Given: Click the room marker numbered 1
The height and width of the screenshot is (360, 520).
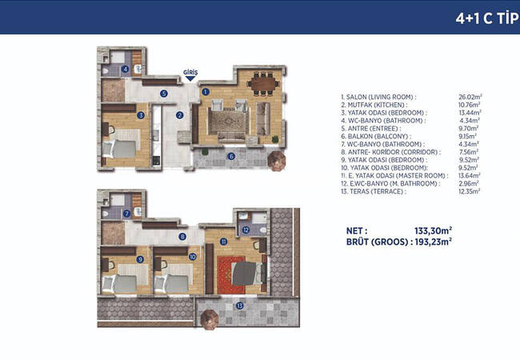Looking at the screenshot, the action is point(206,92).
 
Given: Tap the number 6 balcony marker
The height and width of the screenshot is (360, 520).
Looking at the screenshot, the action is point(231,156).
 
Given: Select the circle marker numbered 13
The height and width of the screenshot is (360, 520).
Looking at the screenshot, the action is point(239,306).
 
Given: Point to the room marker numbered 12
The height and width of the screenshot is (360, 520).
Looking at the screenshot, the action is point(246,230).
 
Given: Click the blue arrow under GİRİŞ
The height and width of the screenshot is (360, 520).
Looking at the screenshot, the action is point(190,78).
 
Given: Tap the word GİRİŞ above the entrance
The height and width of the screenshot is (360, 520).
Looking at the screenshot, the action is point(190,72).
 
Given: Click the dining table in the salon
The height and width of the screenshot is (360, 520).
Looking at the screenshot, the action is point(263,83).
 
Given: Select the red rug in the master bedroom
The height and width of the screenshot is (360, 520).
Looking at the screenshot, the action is point(231,275).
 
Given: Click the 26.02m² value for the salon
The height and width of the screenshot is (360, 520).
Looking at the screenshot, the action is point(470,97).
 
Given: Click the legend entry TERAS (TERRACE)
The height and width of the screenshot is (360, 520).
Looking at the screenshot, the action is point(374,191).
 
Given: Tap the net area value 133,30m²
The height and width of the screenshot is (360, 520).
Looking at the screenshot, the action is point(433,230).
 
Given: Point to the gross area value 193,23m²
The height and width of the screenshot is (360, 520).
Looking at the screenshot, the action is point(433,242).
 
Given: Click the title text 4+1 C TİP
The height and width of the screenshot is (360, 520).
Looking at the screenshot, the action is point(487,18).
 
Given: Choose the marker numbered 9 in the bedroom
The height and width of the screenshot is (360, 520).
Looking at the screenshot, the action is point(140,259).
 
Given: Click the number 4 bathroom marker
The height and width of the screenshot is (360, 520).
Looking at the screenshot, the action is point(125,70).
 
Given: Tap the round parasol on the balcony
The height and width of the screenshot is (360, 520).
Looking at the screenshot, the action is point(277,161).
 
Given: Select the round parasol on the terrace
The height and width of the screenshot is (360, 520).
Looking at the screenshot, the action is point(210,319).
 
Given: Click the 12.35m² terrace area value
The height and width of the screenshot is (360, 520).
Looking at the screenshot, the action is point(470,191).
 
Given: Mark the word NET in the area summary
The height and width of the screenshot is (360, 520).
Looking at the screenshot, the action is point(357,230).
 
